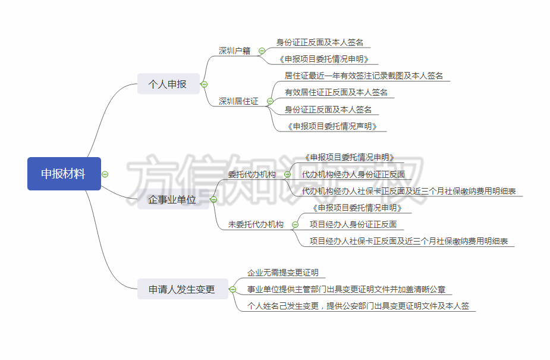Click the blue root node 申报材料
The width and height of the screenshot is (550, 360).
pyautogui.click(x=64, y=174)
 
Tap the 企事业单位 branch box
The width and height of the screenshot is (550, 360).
pyautogui.click(x=172, y=200)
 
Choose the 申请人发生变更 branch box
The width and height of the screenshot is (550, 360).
pyautogui.click(x=181, y=290)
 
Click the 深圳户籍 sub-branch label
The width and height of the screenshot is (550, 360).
pyautogui.click(x=234, y=51)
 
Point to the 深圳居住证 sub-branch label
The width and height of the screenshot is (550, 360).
pyautogui.click(x=238, y=101)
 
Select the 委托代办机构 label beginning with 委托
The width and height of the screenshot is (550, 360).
pyautogui.click(x=252, y=174)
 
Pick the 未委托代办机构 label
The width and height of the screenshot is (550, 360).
pyautogui.click(x=256, y=224)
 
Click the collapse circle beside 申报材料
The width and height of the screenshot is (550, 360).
pyautogui.click(x=105, y=174)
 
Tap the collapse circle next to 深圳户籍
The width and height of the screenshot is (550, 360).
pyautogui.click(x=262, y=51)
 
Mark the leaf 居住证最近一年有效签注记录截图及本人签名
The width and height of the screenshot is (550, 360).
pyautogui.click(x=364, y=76)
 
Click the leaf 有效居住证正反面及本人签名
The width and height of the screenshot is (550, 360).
pyautogui.click(x=336, y=92)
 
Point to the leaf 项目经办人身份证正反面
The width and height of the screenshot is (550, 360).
pyautogui.click(x=353, y=224)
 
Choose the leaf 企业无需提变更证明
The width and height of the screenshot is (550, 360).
pyautogui.click(x=282, y=273)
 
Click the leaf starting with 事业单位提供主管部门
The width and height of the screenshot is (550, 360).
pyautogui.click(x=346, y=290)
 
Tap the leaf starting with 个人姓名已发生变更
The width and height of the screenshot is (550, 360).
pyautogui.click(x=359, y=306)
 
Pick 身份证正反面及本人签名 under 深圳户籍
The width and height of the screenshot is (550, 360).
pyautogui.click(x=320, y=43)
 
